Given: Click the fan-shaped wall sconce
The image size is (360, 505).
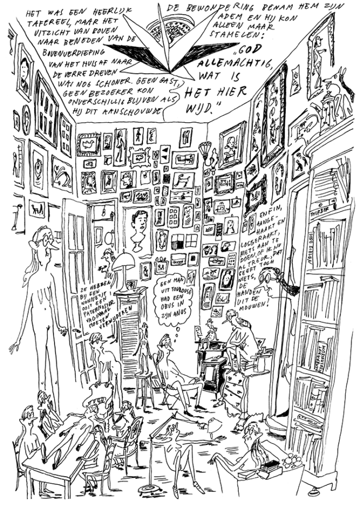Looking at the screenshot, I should point(206,149).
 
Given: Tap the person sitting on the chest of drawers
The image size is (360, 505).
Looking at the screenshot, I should point(241,338).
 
